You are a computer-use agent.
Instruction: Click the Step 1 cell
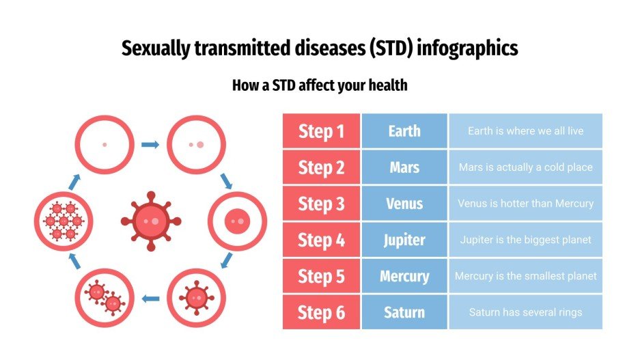(321, 131)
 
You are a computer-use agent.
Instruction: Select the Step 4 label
(321, 240)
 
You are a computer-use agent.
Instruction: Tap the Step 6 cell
(321, 312)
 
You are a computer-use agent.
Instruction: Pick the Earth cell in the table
(404, 131)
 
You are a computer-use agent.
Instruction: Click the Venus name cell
(404, 204)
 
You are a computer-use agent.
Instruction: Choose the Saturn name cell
(404, 312)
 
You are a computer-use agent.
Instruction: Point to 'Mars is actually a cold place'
(525, 167)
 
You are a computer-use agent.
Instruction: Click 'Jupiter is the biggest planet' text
(525, 240)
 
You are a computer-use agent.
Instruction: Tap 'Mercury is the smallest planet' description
(525, 276)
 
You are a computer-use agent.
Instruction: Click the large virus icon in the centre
(151, 221)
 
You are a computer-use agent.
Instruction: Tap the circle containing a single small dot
(104, 144)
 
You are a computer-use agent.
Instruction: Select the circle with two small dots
(196, 144)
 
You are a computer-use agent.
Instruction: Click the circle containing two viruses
(104, 297)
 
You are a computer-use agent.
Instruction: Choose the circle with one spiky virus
(196, 297)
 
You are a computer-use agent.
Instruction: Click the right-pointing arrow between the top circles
(150, 144)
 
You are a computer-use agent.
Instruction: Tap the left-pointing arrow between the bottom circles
(150, 298)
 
